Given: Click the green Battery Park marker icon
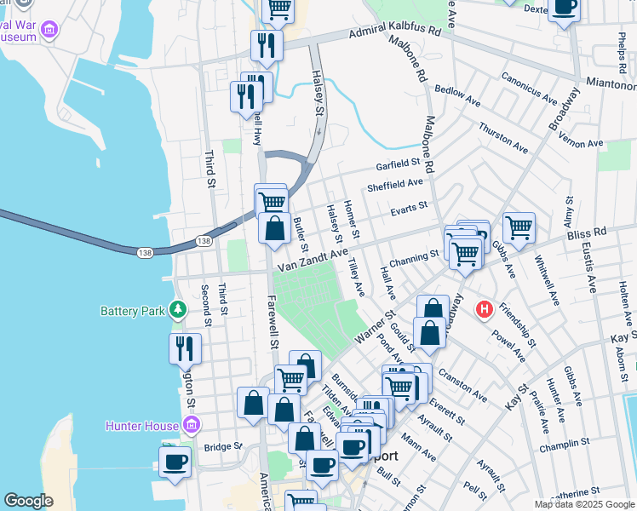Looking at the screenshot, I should tap(178, 309).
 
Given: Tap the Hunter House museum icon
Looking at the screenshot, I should tap(192, 425).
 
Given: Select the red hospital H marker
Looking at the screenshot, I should tap(485, 308).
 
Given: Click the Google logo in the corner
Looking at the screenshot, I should tap(29, 501).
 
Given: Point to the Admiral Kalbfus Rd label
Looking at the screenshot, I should tap(394, 32).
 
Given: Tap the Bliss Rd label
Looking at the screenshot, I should tap(588, 232).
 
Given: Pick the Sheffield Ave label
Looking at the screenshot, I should tap(394, 183).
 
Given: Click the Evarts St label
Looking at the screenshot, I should tap(408, 207).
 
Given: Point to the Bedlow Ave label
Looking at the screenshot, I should tap(457, 95).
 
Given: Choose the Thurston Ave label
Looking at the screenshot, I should tap(498, 135).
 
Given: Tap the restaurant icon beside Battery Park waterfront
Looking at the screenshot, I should tap(185, 347).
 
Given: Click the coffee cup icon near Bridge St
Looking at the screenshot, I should tap(175, 461).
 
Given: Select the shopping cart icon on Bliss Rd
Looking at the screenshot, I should tap(519, 227).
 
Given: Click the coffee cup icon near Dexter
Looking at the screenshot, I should tap(563, 8).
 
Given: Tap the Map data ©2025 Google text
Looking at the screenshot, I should tap(585, 504).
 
